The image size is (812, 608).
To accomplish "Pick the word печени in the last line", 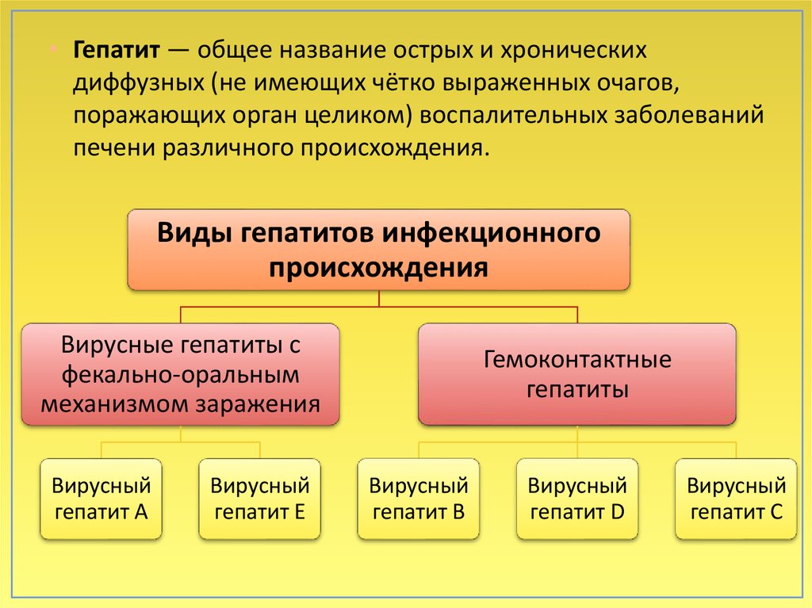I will pyautogui.click(x=112, y=148).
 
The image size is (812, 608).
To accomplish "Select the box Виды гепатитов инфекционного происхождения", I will pyautogui.click(x=379, y=249).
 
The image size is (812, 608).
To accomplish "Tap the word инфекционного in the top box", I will pyautogui.click(x=492, y=234).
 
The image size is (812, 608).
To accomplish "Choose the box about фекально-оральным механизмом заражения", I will pyautogui.click(x=181, y=374).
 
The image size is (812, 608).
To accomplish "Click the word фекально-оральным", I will pyautogui.click(x=181, y=374).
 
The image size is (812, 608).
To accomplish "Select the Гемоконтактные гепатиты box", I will pyautogui.click(x=577, y=374).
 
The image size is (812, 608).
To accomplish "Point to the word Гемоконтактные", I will pyautogui.click(x=577, y=361).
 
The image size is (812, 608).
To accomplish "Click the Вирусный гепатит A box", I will pyautogui.click(x=101, y=499).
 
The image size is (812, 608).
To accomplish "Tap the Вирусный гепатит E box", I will pyautogui.click(x=260, y=499).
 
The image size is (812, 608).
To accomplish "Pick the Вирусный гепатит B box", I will pyautogui.click(x=419, y=499).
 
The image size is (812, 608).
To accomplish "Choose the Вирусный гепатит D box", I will pyautogui.click(x=577, y=499).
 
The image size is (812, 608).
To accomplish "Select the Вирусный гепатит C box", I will pyautogui.click(x=736, y=499).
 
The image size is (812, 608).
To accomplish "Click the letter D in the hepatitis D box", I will pyautogui.click(x=619, y=512).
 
